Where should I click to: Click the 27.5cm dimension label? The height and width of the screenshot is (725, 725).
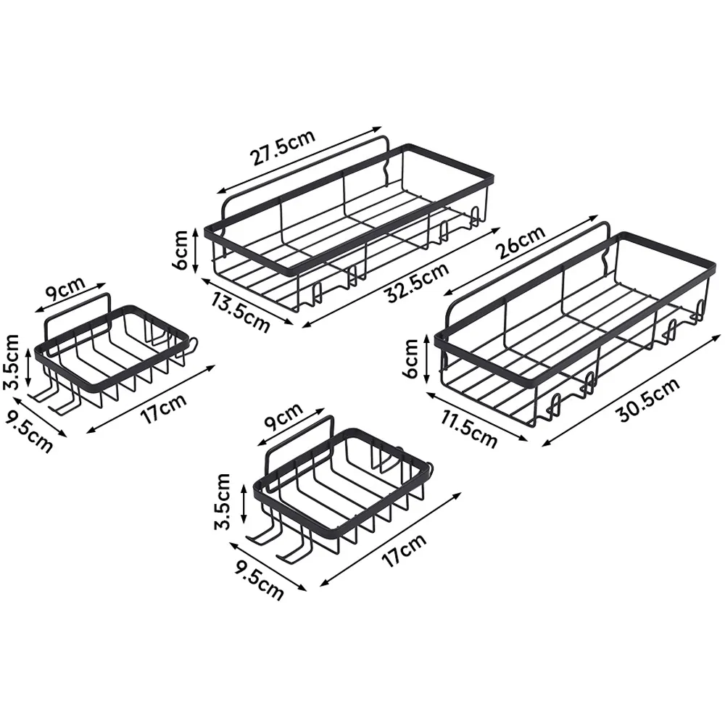283,147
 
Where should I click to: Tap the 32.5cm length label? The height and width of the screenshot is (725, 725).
417,283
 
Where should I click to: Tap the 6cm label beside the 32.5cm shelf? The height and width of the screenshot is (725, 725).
181,249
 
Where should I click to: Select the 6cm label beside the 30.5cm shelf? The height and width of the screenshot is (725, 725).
411,358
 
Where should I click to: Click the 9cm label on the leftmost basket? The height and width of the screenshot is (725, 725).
65,289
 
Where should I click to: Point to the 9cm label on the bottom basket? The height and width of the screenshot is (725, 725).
283,415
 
